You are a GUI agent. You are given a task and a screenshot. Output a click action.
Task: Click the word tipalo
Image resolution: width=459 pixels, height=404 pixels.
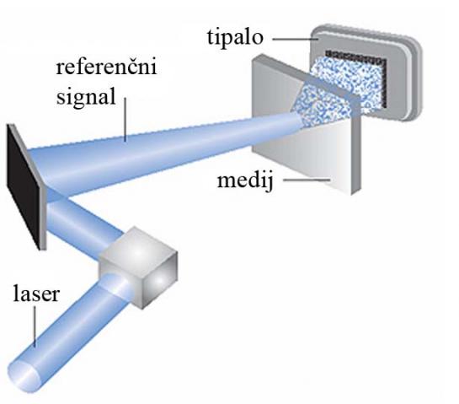click(x=235, y=37)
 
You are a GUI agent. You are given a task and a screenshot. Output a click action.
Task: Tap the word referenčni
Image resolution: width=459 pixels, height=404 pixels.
click(x=107, y=67)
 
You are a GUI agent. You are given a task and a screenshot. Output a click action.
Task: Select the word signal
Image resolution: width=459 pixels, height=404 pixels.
click(x=86, y=97)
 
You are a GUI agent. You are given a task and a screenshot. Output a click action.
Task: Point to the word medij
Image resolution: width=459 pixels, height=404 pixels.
click(x=245, y=180)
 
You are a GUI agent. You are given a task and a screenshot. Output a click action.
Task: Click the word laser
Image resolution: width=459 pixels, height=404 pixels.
click(x=36, y=294)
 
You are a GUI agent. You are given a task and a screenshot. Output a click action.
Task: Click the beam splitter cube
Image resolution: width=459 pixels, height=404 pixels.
click(x=138, y=267)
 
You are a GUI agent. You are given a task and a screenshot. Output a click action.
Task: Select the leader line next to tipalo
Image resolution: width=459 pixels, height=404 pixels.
click(x=295, y=38)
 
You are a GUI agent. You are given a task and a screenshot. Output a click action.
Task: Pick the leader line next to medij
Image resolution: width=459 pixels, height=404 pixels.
click(x=307, y=180)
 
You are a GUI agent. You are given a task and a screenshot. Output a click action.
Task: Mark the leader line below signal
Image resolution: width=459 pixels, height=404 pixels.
click(x=125, y=120)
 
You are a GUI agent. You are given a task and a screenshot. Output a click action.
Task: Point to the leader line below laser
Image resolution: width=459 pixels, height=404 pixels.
click(x=35, y=326)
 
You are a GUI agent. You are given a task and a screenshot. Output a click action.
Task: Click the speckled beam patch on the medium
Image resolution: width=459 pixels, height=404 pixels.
click(x=322, y=104)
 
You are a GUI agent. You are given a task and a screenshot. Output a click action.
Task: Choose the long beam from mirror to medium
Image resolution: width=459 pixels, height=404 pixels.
click(x=164, y=159)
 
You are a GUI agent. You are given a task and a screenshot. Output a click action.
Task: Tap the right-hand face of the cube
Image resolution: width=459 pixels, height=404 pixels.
click(x=160, y=281)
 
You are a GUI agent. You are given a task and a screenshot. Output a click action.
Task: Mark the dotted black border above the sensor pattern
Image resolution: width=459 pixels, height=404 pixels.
click(x=355, y=55)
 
